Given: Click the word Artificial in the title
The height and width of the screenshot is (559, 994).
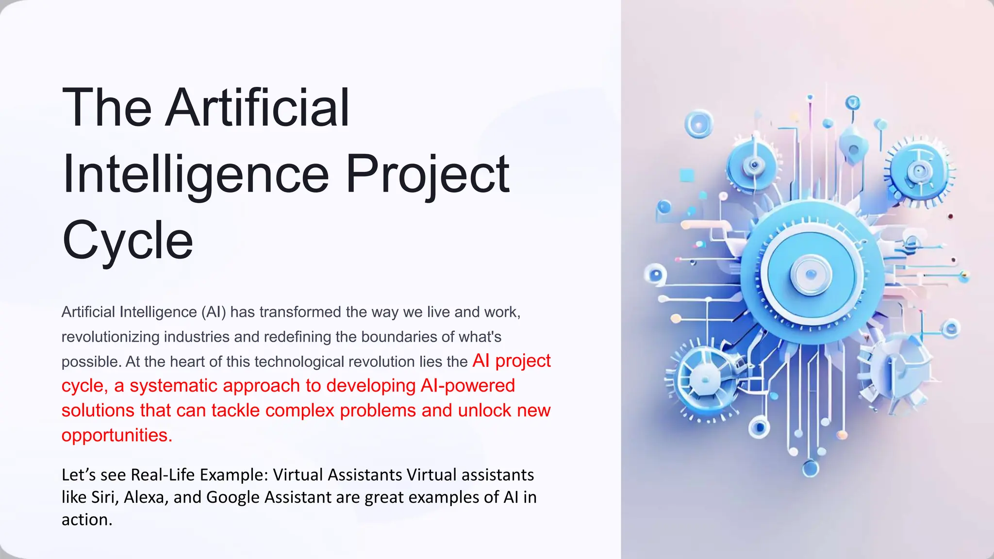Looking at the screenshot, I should (x=257, y=108).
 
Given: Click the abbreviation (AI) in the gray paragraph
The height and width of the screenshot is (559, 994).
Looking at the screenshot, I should (x=214, y=312).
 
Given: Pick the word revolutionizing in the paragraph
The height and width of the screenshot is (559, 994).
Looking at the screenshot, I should (x=111, y=337).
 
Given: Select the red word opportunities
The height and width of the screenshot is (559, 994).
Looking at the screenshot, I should (x=116, y=435).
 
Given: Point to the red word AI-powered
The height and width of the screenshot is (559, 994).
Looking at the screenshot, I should (x=467, y=386).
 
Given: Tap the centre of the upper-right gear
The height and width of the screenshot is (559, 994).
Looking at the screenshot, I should (x=918, y=171).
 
